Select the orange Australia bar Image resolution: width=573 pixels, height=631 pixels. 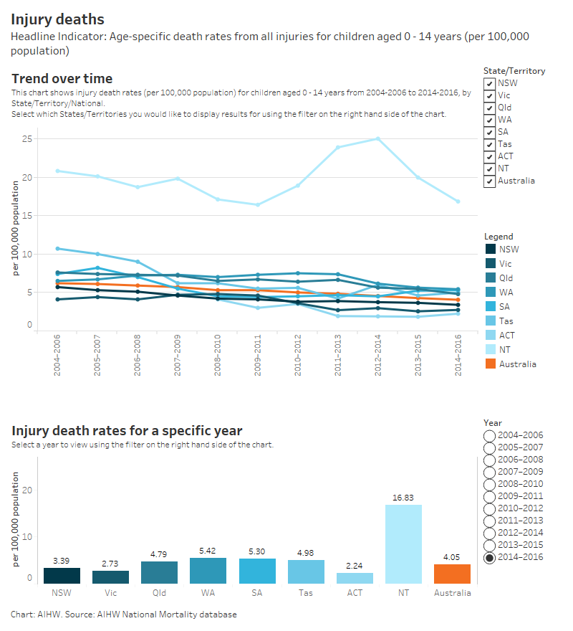tap(452, 574)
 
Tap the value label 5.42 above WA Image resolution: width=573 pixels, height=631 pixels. tap(208, 549)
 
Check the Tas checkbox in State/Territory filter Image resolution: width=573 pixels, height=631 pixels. tap(490, 144)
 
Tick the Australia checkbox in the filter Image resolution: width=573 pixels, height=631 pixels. tap(490, 181)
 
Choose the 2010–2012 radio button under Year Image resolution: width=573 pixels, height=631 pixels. tap(490, 508)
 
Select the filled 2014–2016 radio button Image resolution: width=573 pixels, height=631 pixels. tap(490, 557)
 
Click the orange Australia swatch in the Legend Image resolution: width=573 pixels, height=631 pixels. tap(490, 364)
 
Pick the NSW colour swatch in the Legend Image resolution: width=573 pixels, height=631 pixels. tap(490, 250)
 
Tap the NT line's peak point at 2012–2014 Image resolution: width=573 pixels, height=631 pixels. tap(377, 138)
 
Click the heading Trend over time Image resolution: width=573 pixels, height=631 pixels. tap(62, 79)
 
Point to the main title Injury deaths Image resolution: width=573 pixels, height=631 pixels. tap(57, 19)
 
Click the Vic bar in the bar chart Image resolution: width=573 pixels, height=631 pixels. tap(110, 577)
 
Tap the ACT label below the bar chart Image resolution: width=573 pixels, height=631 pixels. tap(355, 593)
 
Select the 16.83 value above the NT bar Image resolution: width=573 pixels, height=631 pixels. tap(403, 497)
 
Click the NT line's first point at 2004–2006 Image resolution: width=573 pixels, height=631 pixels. tap(57, 171)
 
